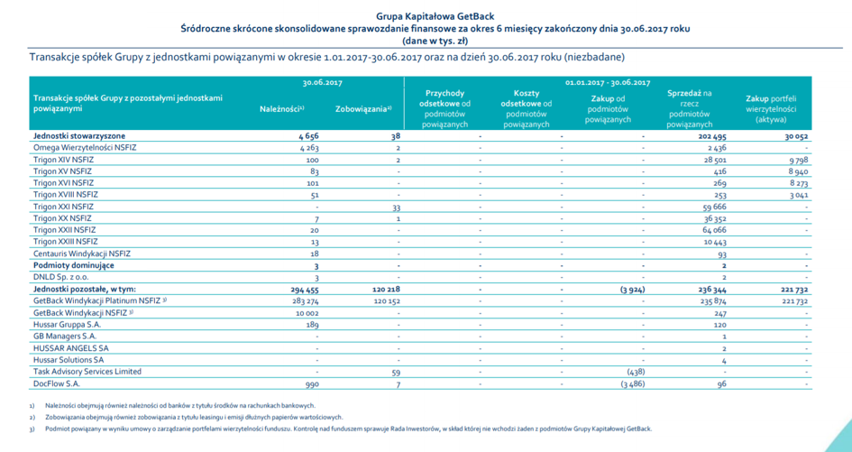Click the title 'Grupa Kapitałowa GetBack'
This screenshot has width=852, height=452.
tap(435, 16)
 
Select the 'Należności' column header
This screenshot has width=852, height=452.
tap(281, 109)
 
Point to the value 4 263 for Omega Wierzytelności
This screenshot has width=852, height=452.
tap(308, 148)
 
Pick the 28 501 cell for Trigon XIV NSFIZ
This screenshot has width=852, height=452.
tap(713, 160)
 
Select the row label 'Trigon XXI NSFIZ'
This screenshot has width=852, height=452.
tap(64, 207)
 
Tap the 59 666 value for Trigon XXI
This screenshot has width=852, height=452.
tap(712, 207)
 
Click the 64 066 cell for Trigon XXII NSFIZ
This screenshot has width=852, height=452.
tap(712, 230)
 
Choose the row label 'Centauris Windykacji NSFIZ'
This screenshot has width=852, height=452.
tap(82, 254)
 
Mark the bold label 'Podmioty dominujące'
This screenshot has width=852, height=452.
tap(74, 265)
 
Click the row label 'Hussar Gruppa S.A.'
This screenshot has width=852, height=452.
tap(68, 325)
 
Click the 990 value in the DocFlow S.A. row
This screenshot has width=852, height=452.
tap(312, 384)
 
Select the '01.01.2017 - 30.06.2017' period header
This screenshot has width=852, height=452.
tap(608, 83)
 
